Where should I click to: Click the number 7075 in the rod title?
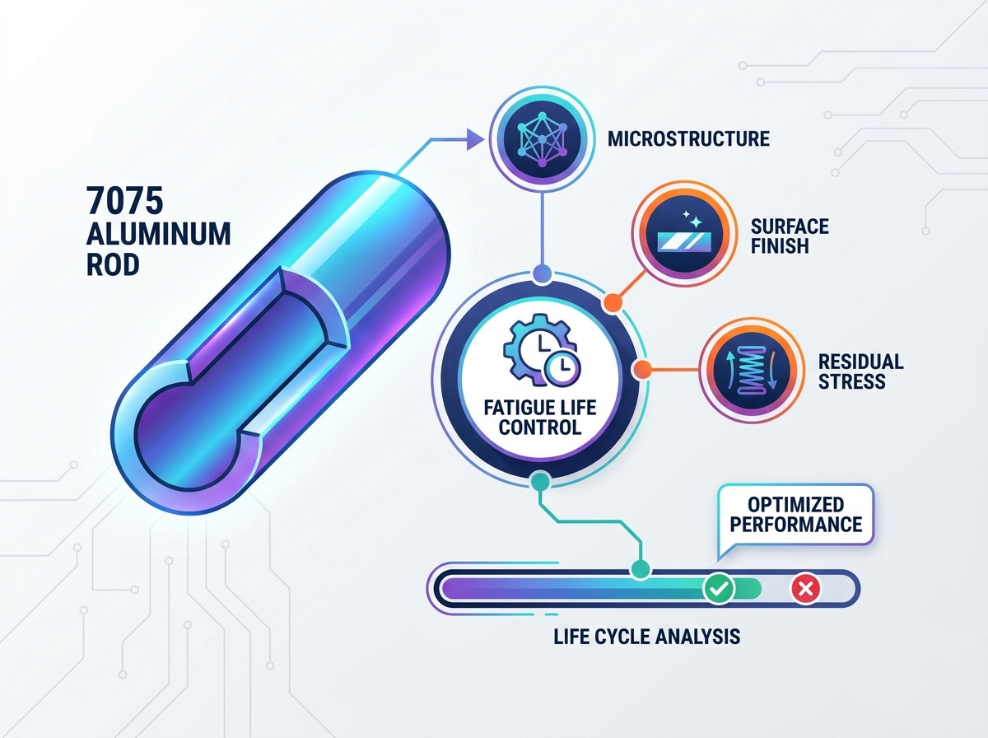tap(124, 200)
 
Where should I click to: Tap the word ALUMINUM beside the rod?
tap(158, 234)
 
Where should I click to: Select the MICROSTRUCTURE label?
tap(688, 138)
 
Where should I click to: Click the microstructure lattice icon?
tap(542, 139)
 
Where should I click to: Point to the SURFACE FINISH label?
tap(790, 236)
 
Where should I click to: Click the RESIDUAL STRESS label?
tap(860, 371)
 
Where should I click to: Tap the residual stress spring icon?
tap(752, 370)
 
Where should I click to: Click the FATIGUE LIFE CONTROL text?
tap(540, 418)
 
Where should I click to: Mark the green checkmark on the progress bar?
tap(719, 587)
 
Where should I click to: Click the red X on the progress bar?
tap(805, 588)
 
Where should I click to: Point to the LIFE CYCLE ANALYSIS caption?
tap(647, 637)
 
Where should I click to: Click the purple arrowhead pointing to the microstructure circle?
tap(475, 139)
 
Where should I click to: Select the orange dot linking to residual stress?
tap(642, 370)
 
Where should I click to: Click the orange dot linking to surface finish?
tap(613, 302)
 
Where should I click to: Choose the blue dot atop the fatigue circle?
tap(542, 273)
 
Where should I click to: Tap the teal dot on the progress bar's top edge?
tap(641, 568)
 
